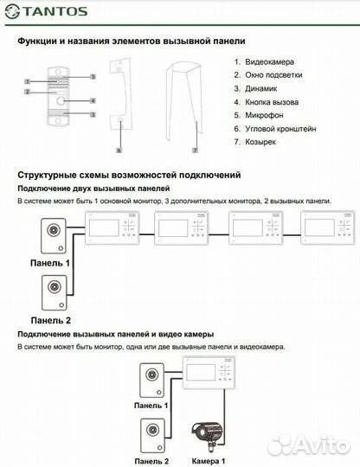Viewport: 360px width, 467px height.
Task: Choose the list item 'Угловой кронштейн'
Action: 279,128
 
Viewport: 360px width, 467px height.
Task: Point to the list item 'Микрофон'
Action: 265,114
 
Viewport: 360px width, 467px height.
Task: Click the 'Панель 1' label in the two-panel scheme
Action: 49,261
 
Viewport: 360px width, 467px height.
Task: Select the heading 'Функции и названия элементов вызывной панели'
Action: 131,41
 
